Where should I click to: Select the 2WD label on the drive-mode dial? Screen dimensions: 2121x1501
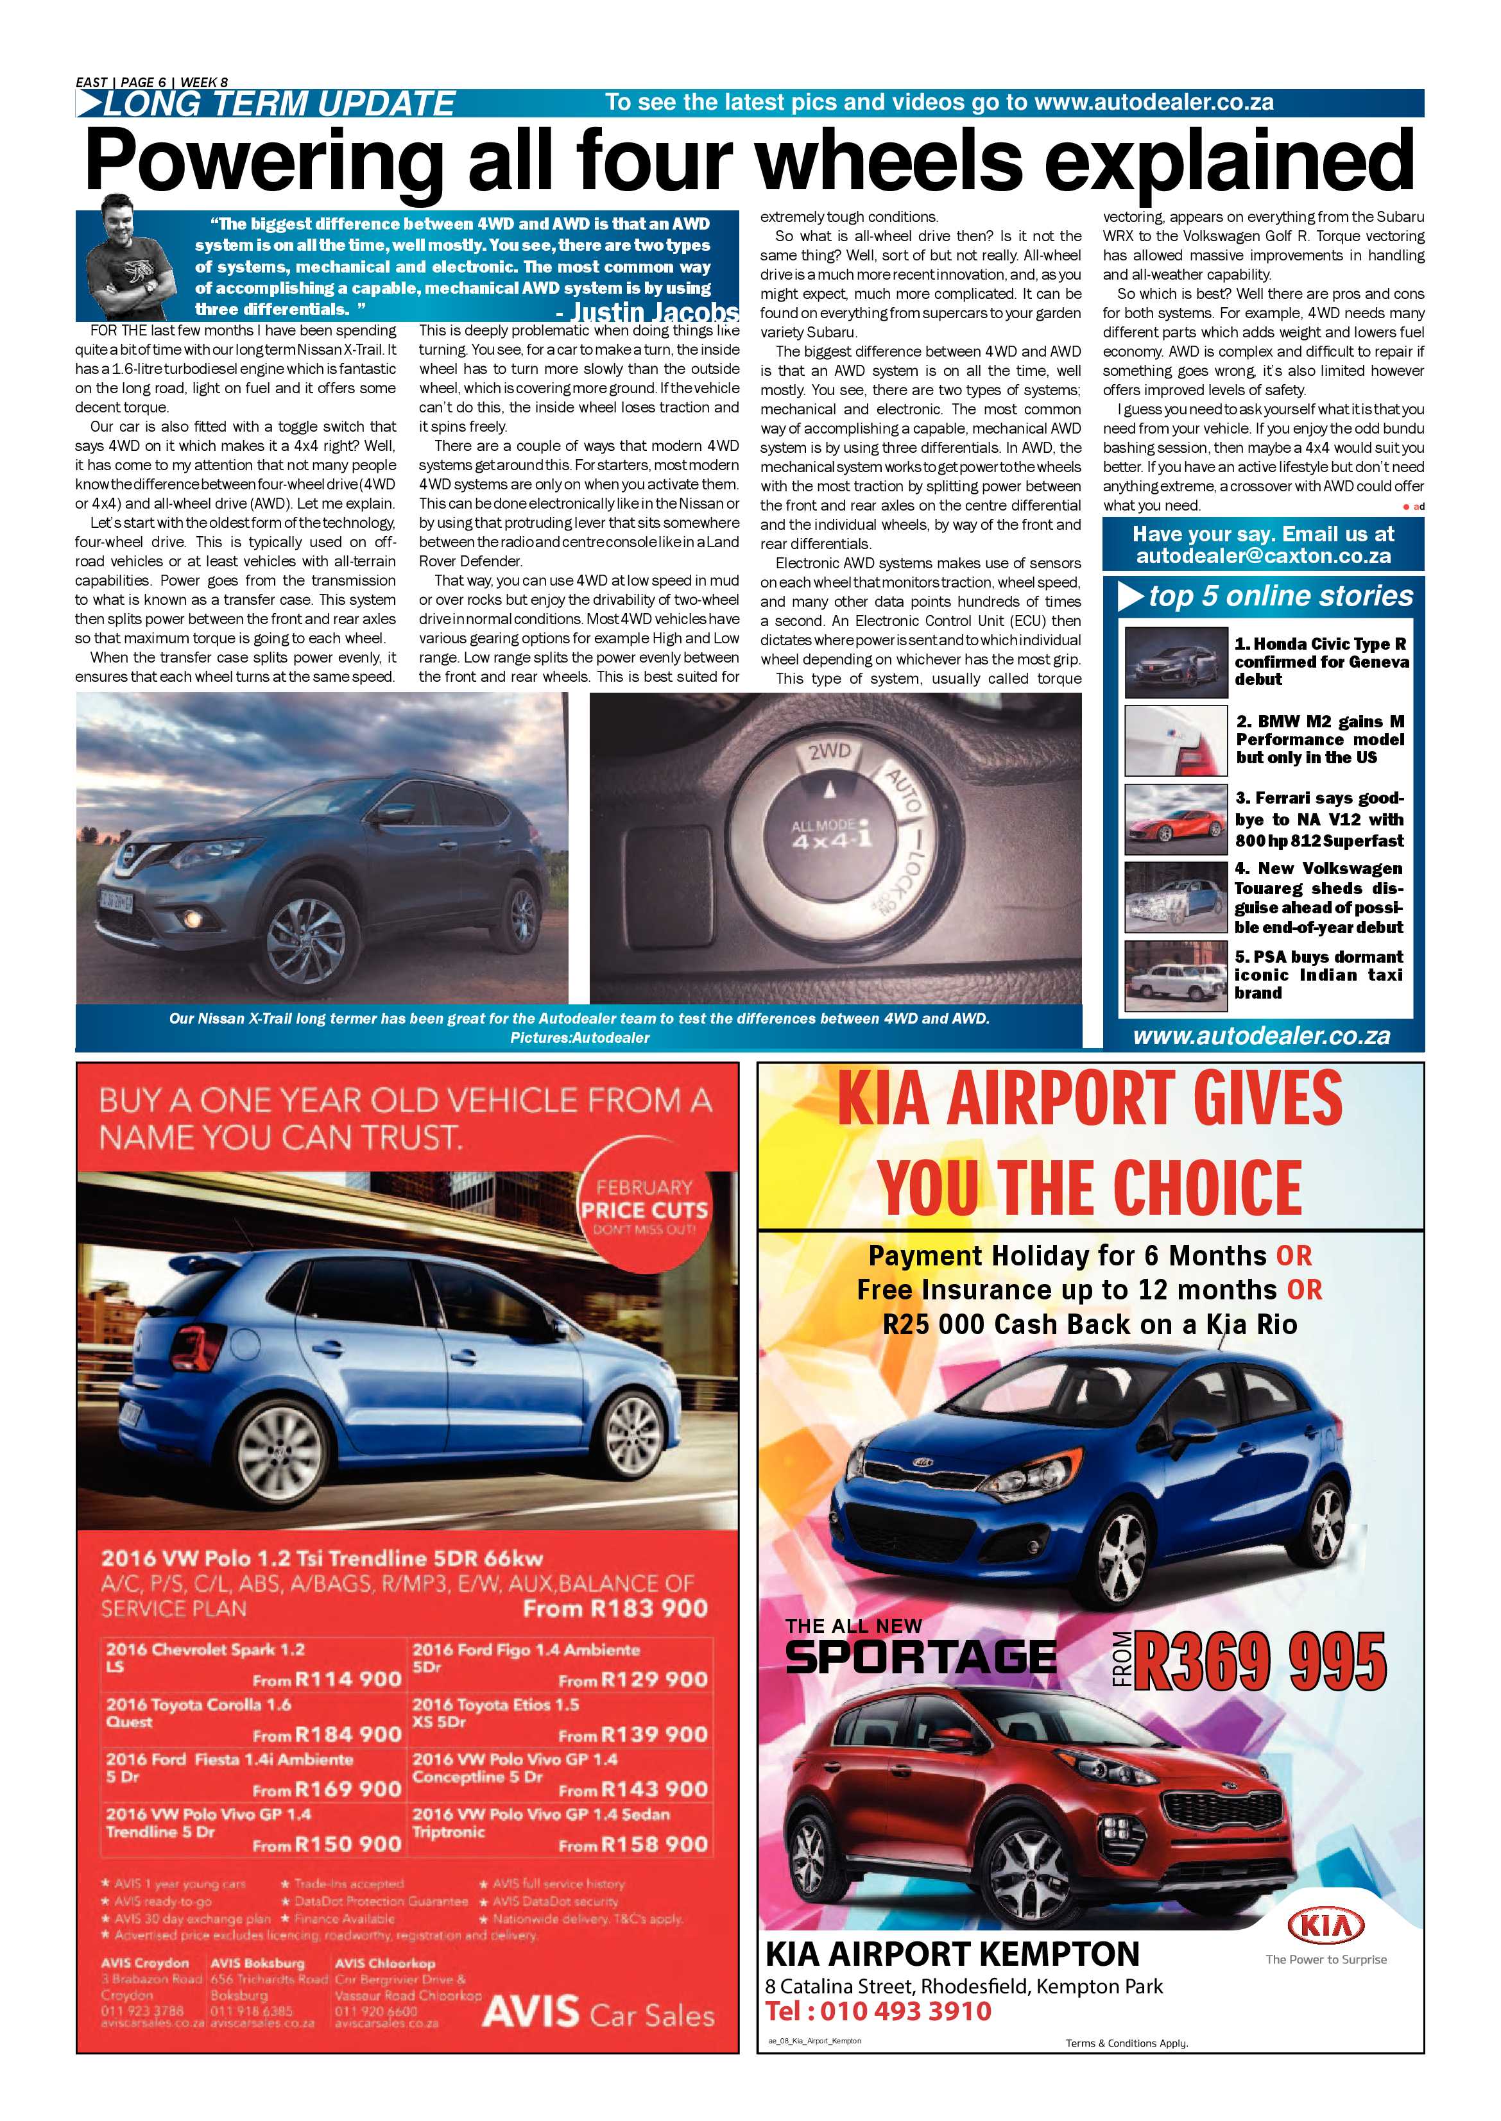click(829, 753)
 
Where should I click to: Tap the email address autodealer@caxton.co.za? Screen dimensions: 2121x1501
click(1264, 556)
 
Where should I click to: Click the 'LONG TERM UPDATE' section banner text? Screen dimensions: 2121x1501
click(277, 103)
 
